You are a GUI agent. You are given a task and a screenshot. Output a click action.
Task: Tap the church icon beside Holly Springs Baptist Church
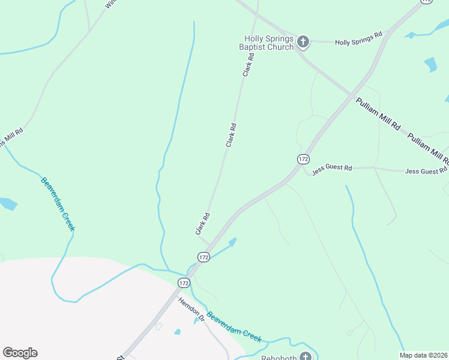303,41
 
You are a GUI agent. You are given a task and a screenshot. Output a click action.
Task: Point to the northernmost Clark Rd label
249,65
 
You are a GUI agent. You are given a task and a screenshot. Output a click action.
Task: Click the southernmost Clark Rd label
202,224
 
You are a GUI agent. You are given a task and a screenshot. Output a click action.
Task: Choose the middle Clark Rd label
231,136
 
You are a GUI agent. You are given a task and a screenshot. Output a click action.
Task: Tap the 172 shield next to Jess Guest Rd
303,159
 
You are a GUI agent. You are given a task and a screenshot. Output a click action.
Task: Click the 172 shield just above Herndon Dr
184,282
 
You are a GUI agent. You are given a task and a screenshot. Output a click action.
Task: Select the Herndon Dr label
191,310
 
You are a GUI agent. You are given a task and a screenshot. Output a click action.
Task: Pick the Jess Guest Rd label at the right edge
427,172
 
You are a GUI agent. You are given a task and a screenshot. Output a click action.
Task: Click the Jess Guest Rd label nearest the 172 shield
331,168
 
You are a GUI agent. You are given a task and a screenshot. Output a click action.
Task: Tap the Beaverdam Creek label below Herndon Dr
235,327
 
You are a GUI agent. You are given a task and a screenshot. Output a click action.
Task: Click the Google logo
20,353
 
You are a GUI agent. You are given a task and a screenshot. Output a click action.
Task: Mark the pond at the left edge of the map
7,203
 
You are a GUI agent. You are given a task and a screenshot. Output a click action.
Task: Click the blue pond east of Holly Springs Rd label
430,64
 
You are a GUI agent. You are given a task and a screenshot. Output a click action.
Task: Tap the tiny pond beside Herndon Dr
177,332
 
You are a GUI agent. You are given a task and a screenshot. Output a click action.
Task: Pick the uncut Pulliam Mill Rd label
378,115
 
